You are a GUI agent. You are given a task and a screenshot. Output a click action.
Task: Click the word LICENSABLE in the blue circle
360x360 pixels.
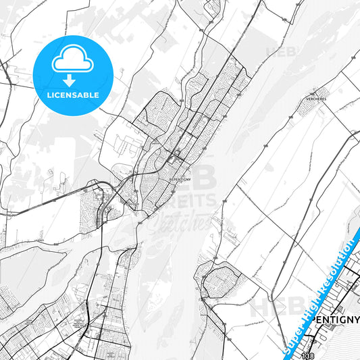(x=73, y=95)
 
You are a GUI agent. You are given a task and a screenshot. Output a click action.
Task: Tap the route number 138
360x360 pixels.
(x=308, y=355)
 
